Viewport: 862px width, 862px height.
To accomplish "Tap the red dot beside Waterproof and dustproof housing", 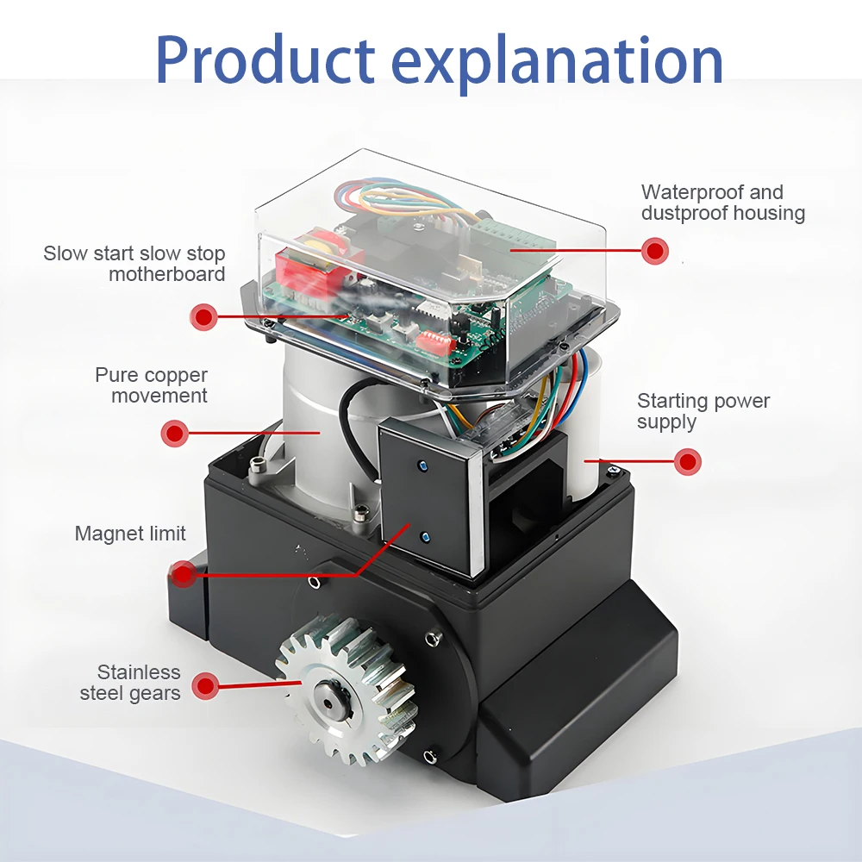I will (x=655, y=251).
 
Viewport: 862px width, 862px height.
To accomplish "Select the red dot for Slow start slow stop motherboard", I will (x=203, y=316).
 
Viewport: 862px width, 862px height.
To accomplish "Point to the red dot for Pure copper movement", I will (x=175, y=433).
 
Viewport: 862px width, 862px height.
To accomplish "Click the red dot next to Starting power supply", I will (x=687, y=461).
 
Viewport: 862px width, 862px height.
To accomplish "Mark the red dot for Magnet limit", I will (x=184, y=573).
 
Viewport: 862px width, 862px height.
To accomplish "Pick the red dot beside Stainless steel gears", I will (x=204, y=686).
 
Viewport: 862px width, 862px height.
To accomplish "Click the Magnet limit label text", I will (x=130, y=534).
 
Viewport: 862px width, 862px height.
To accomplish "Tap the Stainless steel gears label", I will (x=130, y=683).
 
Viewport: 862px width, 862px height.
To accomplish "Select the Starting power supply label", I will (x=703, y=411).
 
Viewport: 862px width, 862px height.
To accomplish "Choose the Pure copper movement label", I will (x=152, y=385).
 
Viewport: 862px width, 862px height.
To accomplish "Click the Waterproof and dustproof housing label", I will (x=722, y=203).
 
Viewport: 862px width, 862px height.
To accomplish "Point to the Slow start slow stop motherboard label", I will (x=134, y=264).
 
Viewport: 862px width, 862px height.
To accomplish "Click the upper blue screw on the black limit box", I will (x=422, y=465).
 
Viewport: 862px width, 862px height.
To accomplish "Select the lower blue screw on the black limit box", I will (x=426, y=537).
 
